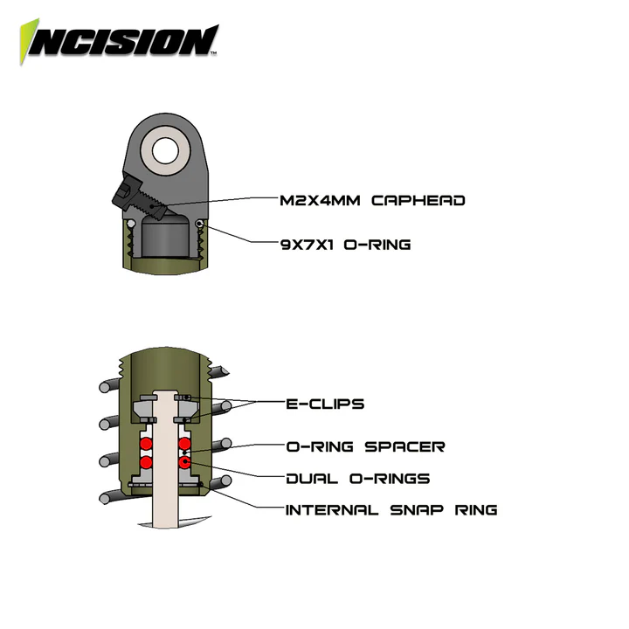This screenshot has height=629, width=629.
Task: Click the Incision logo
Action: [119, 39]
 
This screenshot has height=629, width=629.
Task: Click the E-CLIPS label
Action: [325, 404]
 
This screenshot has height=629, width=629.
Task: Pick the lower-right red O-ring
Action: [183, 461]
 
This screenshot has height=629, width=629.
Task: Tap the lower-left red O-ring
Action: [147, 461]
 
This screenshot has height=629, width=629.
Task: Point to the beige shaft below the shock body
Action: [164, 507]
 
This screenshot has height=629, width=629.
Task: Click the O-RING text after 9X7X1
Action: [377, 245]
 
